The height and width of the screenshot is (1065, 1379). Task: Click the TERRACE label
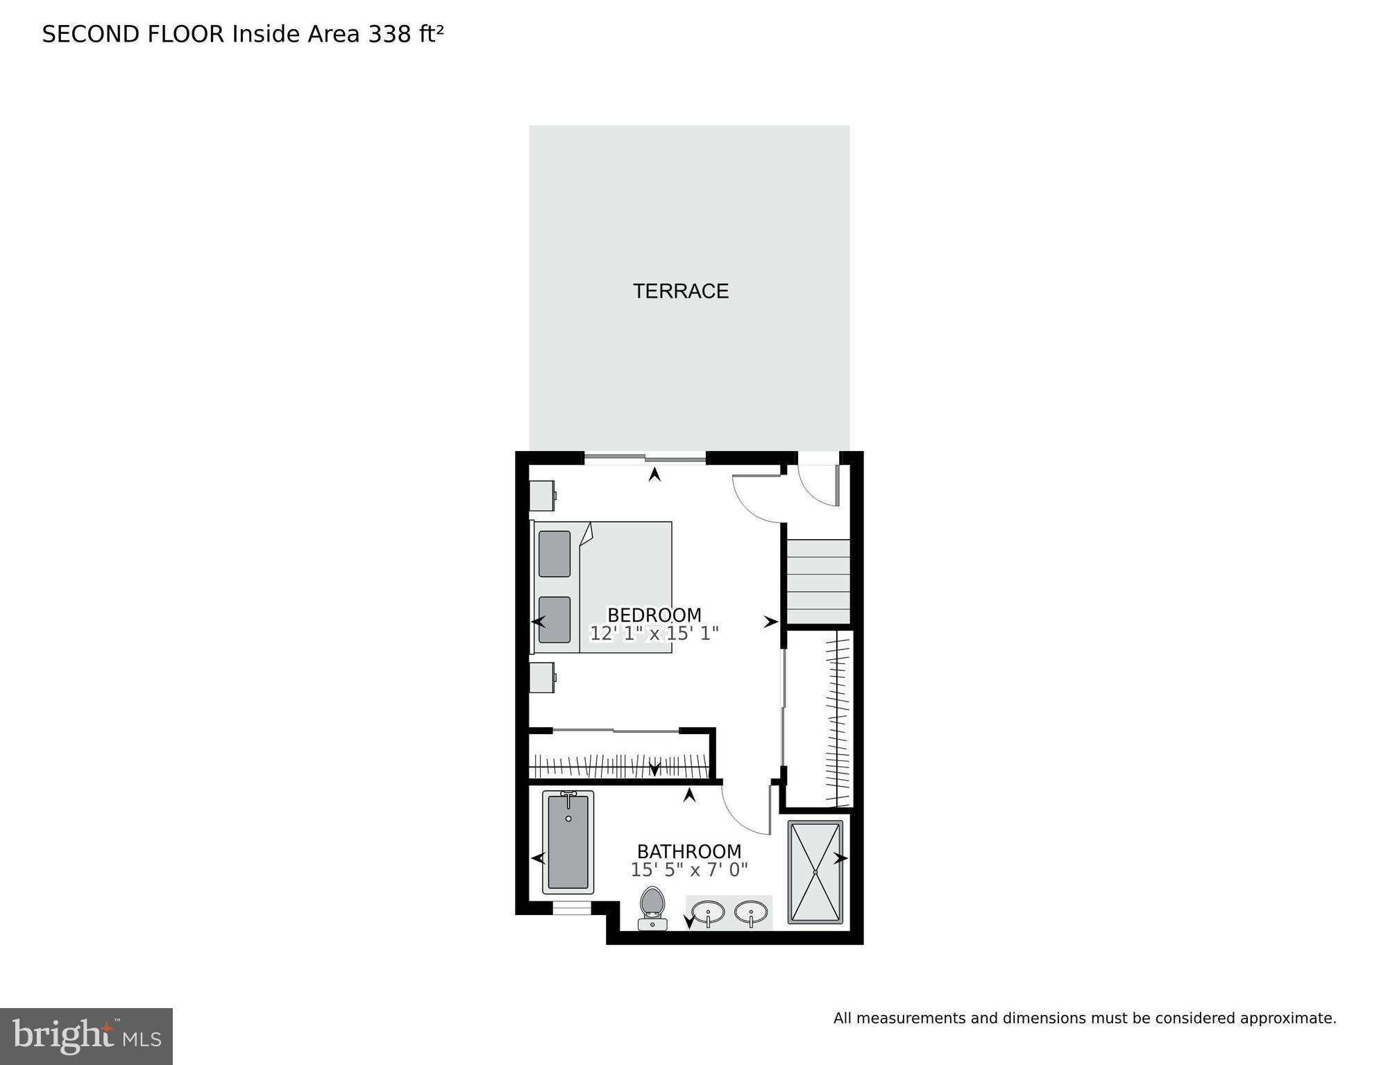[680, 291]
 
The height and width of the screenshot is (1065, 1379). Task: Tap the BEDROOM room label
[654, 615]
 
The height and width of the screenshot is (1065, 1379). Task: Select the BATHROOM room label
[688, 851]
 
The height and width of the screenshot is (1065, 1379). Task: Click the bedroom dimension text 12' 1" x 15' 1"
[654, 633]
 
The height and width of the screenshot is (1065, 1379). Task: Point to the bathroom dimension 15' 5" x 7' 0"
[688, 870]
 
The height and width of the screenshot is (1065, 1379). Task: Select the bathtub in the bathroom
[568, 842]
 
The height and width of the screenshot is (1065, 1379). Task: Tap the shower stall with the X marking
[815, 872]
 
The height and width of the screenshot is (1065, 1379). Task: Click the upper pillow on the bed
[555, 554]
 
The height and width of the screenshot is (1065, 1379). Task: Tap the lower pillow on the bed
[555, 620]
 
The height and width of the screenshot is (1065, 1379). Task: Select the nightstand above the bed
[542, 495]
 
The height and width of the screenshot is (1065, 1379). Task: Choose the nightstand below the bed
[542, 677]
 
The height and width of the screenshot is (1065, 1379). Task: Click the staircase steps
[818, 582]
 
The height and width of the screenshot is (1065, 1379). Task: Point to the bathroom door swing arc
[744, 812]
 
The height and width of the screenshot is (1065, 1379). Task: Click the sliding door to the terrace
[645, 457]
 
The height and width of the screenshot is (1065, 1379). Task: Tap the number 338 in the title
[389, 34]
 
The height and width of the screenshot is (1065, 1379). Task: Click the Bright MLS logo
[86, 1036]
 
